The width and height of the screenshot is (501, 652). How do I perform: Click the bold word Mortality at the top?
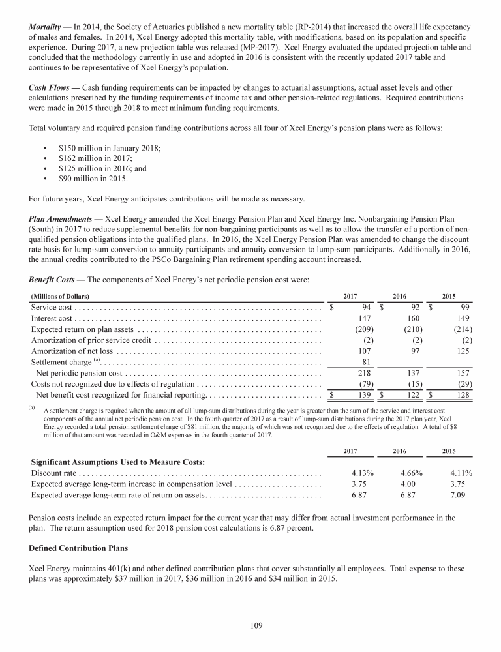pos(47,27)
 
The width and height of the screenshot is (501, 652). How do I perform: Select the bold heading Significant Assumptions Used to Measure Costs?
pos(114,462)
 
